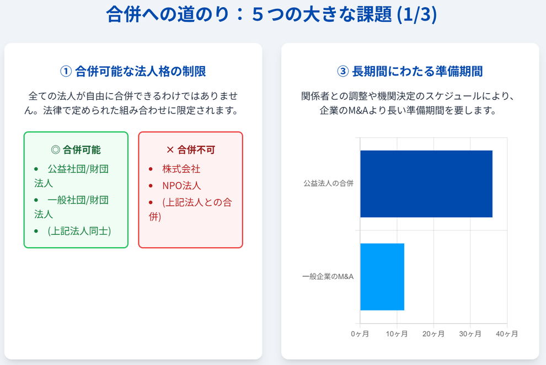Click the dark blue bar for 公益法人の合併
tap(426, 184)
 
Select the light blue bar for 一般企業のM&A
tap(382, 277)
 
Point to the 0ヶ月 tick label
tap(360, 334)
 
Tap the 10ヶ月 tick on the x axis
tap(397, 334)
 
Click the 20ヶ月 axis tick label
tap(433, 334)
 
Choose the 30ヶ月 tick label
tap(470, 334)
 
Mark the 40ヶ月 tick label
tap(507, 334)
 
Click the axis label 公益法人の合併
tap(328, 184)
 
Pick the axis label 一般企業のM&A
tap(328, 277)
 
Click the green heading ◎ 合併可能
tap(76, 150)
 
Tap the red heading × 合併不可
tap(190, 150)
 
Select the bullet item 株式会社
tap(181, 169)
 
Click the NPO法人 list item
tap(181, 186)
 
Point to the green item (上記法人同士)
tap(79, 231)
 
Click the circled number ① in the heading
tap(66, 71)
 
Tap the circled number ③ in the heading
tap(343, 71)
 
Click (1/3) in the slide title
tap(417, 15)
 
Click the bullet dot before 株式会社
tap(151, 169)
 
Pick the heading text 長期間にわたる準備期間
tap(417, 71)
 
